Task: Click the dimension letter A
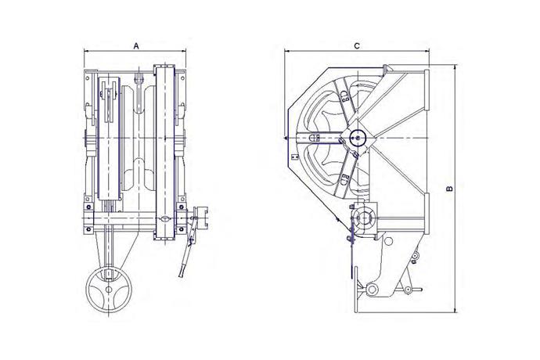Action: pos(136,46)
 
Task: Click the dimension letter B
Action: pos(449,189)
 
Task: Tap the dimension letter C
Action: pos(357,46)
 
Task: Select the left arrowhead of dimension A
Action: pos(86,52)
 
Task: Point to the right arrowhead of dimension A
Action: pos(184,52)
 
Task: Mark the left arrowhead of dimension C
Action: pos(287,52)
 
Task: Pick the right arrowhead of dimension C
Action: pos(427,52)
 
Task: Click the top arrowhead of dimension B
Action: pos(455,67)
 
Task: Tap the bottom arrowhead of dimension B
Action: pos(455,310)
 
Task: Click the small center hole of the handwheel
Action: pos(109,290)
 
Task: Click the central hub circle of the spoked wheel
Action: pos(357,139)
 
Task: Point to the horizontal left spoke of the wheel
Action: pos(317,138)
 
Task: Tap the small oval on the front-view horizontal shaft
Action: pos(165,218)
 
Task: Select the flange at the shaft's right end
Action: pos(201,218)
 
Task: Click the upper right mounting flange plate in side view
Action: pos(427,89)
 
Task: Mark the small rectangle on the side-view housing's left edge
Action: pos(294,157)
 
